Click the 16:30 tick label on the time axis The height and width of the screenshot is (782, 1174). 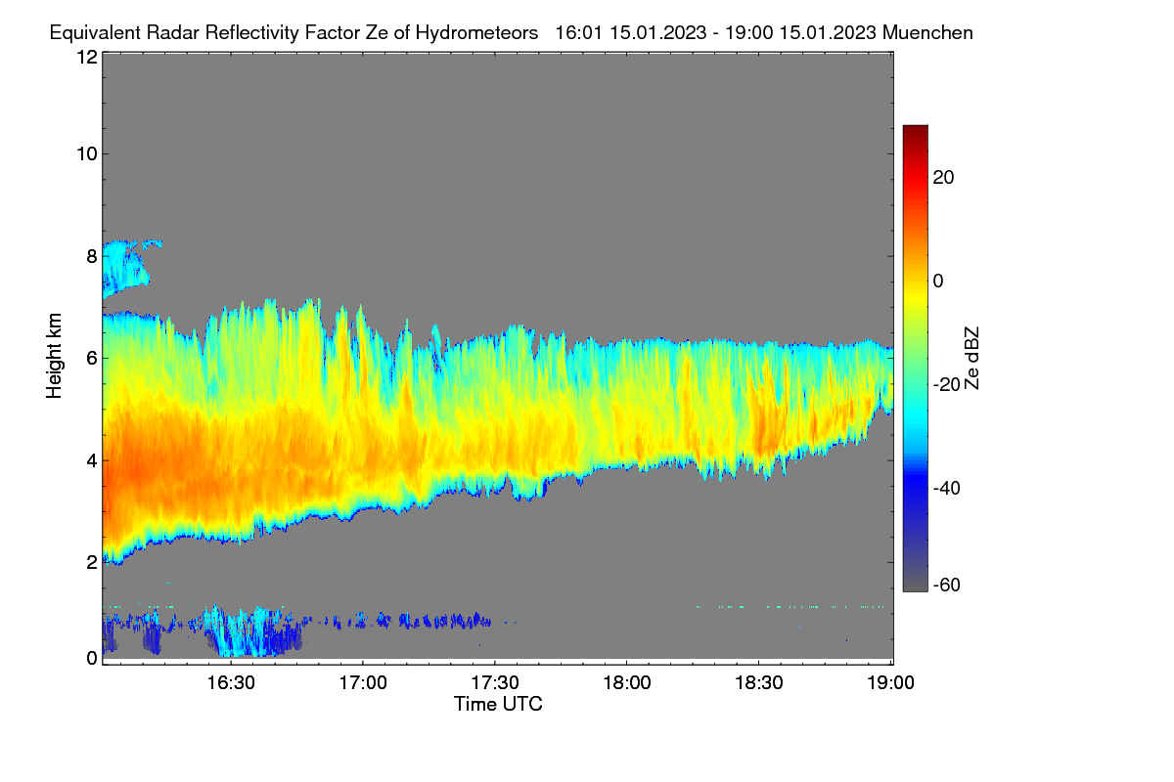tap(231, 683)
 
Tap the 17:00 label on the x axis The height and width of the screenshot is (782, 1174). tap(363, 683)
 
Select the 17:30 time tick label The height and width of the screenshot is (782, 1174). tap(495, 683)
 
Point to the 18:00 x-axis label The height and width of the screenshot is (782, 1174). tap(627, 683)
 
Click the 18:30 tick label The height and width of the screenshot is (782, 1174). tap(759, 683)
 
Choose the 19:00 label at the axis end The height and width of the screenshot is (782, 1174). tap(890, 683)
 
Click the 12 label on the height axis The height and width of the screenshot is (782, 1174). tap(87, 57)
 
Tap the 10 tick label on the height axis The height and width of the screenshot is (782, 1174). tap(87, 154)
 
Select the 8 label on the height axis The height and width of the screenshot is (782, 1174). tap(92, 256)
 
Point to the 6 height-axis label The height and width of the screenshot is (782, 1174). tap(92, 359)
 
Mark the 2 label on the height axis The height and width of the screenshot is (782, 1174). tap(92, 562)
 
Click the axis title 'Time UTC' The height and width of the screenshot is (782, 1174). tap(498, 704)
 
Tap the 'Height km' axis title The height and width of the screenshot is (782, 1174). tap(54, 356)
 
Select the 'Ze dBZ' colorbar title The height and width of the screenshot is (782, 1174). tap(971, 359)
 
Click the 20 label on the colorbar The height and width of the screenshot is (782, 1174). tap(943, 178)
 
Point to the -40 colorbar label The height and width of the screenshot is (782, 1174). tap(947, 488)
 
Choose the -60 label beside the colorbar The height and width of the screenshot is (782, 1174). tap(947, 586)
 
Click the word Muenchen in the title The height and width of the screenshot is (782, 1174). tap(927, 33)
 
